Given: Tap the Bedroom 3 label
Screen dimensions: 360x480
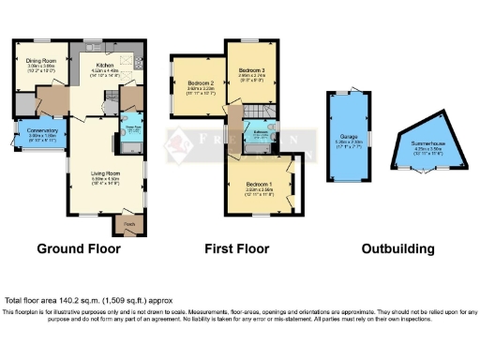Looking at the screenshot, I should click(x=251, y=70).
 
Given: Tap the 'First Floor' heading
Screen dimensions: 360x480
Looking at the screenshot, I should click(x=237, y=249).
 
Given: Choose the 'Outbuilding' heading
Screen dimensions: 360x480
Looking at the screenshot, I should click(x=398, y=249).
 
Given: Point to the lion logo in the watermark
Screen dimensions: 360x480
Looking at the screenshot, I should click(x=175, y=143).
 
